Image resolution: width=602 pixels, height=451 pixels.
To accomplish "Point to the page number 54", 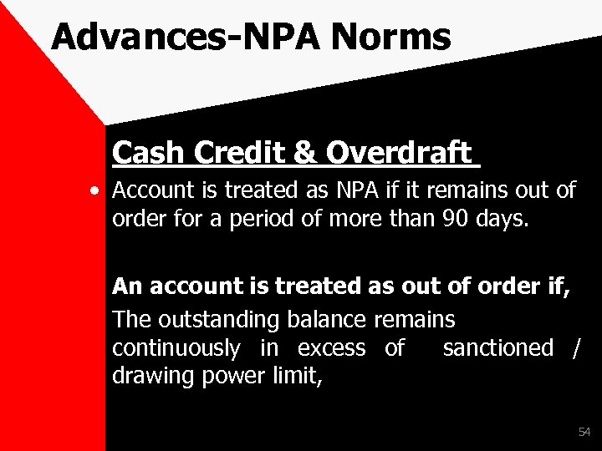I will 583,432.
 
